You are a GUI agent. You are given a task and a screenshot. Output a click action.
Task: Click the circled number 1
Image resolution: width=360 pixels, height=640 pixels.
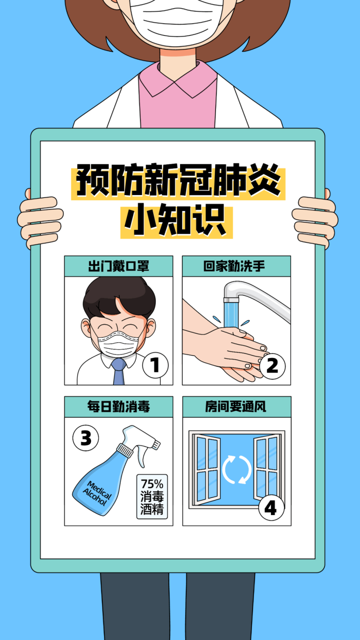tap(155, 365)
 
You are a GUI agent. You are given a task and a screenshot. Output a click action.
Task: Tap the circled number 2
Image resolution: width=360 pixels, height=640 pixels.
tap(272, 366)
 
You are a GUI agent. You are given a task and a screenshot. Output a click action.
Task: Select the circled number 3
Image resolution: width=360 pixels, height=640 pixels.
tap(86, 438)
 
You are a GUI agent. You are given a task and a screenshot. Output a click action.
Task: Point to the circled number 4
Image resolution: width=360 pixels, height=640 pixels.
tap(271, 508)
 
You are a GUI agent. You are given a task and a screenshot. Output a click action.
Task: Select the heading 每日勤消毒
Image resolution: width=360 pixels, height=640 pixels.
tap(119, 407)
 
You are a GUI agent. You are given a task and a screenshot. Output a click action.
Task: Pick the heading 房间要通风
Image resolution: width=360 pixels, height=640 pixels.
tap(236, 407)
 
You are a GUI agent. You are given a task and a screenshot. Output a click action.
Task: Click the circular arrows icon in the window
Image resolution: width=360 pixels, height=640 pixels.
tap(237, 470)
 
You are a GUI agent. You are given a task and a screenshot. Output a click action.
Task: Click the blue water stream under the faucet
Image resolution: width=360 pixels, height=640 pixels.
tap(231, 315)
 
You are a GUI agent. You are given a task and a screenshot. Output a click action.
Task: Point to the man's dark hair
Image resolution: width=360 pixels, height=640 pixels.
tap(119, 297)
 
